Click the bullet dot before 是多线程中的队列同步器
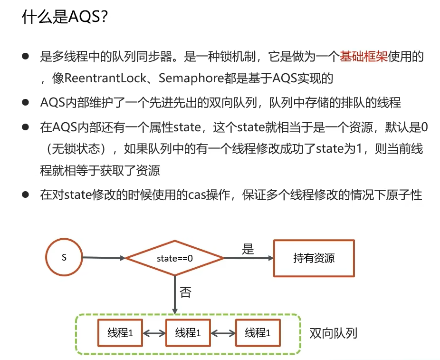(25, 57)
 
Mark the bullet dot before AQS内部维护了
(25, 102)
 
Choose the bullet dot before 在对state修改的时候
(25, 195)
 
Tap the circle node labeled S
(64, 258)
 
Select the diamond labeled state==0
(174, 258)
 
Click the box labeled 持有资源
(314, 258)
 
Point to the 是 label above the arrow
(248, 249)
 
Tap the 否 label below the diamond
(186, 292)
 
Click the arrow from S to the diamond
(104, 258)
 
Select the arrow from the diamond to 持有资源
(249, 258)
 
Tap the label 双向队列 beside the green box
(333, 333)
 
